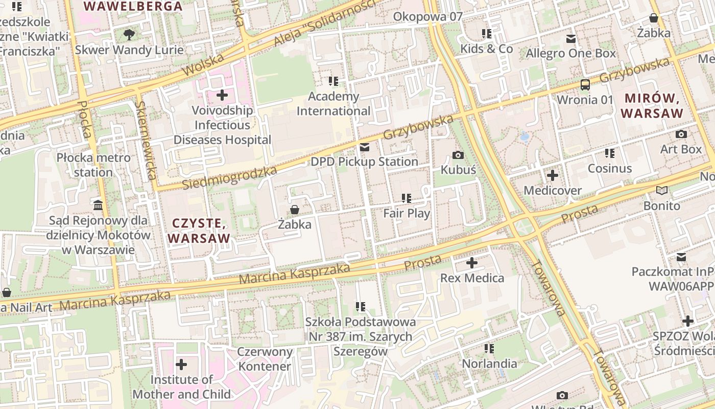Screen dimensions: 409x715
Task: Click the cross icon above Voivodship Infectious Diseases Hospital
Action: [222, 95]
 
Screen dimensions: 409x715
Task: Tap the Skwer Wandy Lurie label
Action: [129, 50]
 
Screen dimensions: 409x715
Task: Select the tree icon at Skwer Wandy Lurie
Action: [129, 35]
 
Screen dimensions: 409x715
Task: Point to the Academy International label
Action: [333, 104]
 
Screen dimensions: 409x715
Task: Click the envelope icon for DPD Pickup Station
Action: [365, 147]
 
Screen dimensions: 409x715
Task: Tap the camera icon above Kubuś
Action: [458, 155]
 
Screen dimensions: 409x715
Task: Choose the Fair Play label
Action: [407, 213]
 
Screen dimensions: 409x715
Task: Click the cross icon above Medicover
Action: [552, 176]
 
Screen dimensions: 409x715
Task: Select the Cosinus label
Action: [609, 168]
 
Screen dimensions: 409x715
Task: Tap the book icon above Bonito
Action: [662, 191]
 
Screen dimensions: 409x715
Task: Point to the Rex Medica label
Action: [472, 278]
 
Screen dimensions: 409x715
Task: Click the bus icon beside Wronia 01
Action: [585, 85]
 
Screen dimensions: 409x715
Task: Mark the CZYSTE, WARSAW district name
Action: [199, 231]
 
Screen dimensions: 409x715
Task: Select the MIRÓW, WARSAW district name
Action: [654, 105]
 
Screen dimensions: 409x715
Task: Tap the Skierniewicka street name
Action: [146, 140]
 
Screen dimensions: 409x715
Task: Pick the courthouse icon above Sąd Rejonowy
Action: [98, 206]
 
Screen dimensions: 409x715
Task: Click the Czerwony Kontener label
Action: [265, 359]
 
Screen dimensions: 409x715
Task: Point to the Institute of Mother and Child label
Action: [181, 387]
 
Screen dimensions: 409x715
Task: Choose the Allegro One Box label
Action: [570, 53]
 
